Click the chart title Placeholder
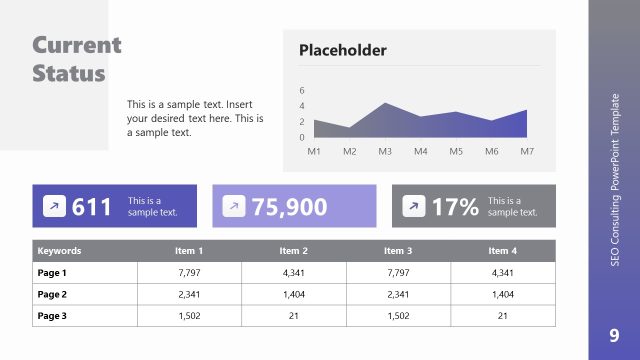tap(342, 50)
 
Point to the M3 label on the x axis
tap(385, 151)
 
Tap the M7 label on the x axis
tap(527, 151)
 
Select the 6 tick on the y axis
tap(302, 91)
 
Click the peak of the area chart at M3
tap(385, 104)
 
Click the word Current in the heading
tap(77, 45)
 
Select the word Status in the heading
tap(68, 74)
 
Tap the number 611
tap(92, 207)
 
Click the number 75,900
tap(289, 207)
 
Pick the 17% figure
tap(454, 207)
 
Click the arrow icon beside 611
tap(54, 206)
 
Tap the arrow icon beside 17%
tap(414, 206)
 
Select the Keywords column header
tap(59, 251)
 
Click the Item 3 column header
tap(398, 251)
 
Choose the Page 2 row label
tap(52, 294)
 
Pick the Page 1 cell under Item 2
tap(293, 272)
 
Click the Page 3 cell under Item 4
tap(503, 316)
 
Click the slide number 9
tap(613, 334)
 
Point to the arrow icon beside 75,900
tap(233, 206)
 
